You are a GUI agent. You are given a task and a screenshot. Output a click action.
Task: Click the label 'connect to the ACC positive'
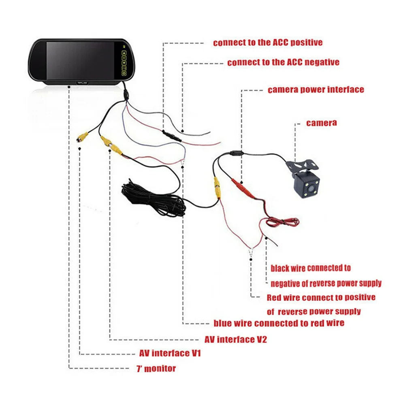[x=268, y=42]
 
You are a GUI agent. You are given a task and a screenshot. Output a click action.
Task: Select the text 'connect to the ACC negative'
[x=283, y=62]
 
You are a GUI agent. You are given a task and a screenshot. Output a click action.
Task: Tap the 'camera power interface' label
[x=316, y=90]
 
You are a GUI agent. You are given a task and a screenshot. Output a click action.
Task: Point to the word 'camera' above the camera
[x=321, y=122]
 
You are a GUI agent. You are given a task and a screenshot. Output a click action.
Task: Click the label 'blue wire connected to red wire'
[x=279, y=323]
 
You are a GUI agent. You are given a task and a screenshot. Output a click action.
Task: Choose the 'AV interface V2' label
[x=236, y=339]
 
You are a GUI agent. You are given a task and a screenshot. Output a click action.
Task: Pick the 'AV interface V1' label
[x=170, y=353]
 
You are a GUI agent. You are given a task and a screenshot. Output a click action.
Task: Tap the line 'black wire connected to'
[x=311, y=268]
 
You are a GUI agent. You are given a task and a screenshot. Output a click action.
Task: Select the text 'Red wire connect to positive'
[x=321, y=297]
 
